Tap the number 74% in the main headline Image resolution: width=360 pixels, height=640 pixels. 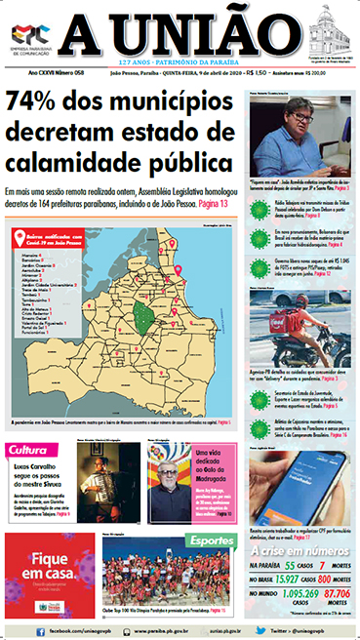click(x=37, y=102)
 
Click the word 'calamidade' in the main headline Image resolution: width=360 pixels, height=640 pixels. click(x=72, y=160)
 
